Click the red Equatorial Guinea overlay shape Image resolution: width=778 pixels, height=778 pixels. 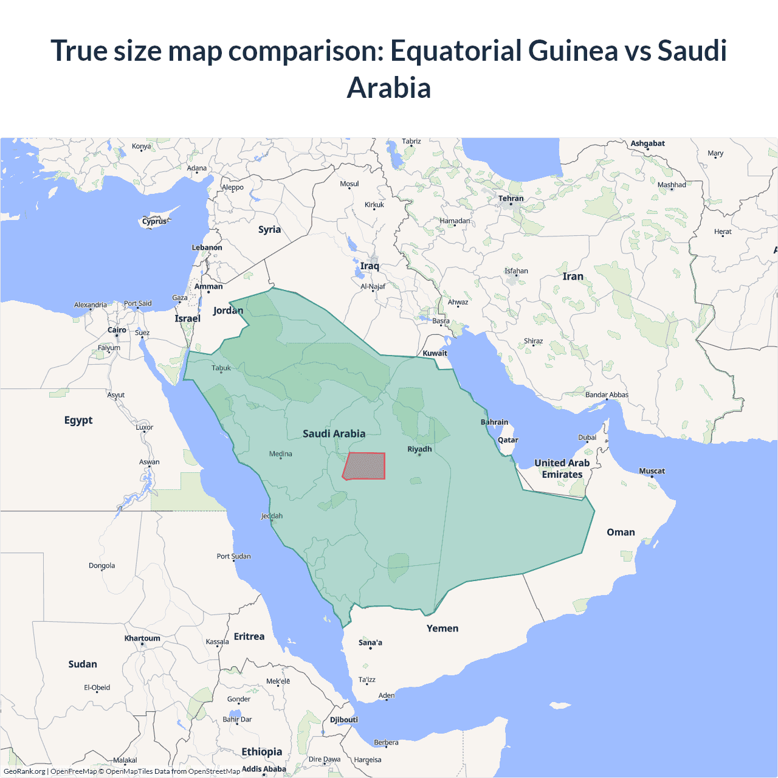point(365,466)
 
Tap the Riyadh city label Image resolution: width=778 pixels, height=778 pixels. point(419,449)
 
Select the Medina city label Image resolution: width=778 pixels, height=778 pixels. point(280,454)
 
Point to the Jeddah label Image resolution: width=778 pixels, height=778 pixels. point(272,516)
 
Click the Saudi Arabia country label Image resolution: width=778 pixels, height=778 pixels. point(334,433)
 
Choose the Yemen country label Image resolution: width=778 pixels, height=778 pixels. point(442,628)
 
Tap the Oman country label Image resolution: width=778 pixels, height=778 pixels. point(621,532)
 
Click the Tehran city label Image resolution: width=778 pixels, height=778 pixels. point(511,198)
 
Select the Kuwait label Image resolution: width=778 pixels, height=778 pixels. point(435,353)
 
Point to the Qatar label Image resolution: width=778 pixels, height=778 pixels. point(508,440)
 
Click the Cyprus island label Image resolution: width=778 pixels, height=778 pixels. point(154,221)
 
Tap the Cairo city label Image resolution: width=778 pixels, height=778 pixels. point(117,330)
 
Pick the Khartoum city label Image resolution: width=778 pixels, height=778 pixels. point(142,638)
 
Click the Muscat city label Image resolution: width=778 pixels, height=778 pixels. point(652,471)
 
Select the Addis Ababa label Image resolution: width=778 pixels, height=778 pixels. point(264,769)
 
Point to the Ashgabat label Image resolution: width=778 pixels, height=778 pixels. point(647,143)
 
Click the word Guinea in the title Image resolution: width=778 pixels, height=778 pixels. point(573,50)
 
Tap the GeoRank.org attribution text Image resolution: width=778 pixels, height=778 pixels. point(24,771)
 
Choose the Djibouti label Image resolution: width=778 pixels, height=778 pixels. point(344,720)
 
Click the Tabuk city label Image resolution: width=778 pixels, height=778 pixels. point(221,368)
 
